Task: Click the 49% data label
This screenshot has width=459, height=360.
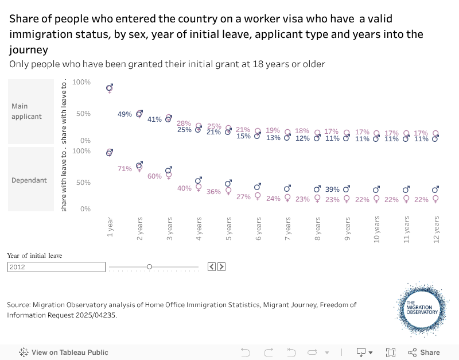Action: (125, 114)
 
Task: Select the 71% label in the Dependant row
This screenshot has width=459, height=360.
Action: (125, 169)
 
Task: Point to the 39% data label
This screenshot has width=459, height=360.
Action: (333, 189)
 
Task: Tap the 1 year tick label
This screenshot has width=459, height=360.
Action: (110, 227)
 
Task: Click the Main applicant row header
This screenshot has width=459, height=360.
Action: (27, 111)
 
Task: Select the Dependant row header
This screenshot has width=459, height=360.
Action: (29, 180)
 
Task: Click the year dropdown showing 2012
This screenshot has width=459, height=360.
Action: (56, 266)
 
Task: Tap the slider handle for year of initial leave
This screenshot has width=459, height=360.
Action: (149, 266)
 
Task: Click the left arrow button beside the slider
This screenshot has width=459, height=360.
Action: (211, 266)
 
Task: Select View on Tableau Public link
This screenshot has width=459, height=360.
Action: (64, 353)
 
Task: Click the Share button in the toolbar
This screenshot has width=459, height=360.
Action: (424, 353)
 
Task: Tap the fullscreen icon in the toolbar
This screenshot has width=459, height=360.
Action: (391, 353)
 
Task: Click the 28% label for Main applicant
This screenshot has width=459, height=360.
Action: (184, 123)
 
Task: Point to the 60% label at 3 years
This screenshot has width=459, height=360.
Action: (154, 176)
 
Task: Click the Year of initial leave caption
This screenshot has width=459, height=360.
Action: (34, 256)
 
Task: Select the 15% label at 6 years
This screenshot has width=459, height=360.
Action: (243, 136)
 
